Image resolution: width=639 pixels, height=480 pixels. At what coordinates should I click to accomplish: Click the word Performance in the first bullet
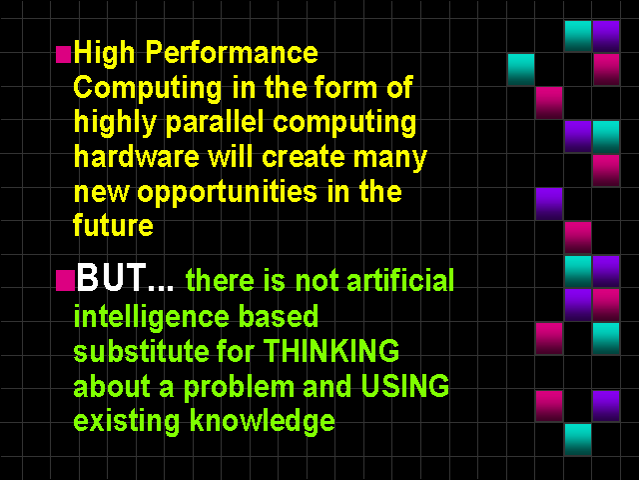click(232, 52)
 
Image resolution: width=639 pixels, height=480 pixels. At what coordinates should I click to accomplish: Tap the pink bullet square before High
click(63, 54)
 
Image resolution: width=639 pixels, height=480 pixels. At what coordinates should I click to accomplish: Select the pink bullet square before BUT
click(65, 280)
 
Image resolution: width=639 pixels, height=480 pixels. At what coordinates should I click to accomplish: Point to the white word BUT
click(111, 277)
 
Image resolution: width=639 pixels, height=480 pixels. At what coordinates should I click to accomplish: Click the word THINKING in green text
click(331, 351)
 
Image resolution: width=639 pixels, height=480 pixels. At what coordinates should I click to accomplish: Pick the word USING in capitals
click(405, 386)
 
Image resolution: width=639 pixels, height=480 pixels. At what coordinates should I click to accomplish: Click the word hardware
click(137, 157)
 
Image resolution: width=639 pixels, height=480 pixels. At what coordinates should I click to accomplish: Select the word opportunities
click(227, 193)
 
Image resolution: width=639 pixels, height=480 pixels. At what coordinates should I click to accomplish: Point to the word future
click(113, 225)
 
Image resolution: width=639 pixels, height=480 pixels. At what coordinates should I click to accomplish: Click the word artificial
click(400, 280)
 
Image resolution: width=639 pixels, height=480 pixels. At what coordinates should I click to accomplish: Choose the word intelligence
click(152, 317)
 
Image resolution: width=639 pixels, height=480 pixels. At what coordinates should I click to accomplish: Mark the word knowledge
click(263, 421)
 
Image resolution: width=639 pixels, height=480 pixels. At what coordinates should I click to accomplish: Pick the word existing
click(127, 421)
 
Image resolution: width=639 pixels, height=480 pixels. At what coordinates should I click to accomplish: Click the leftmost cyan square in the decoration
click(521, 69)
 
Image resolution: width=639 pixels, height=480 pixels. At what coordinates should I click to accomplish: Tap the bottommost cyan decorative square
click(578, 439)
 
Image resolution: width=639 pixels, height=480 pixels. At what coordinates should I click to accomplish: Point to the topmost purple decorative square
click(606, 36)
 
